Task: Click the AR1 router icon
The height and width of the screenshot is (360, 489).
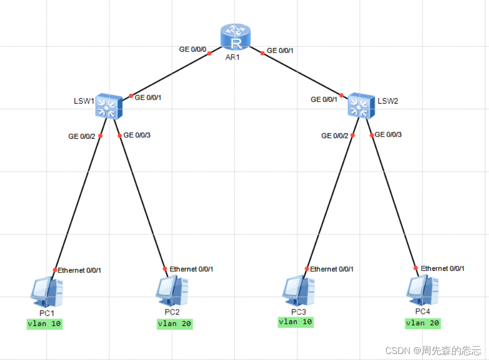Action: tap(235, 37)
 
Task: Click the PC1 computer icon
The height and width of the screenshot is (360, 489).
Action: tap(47, 291)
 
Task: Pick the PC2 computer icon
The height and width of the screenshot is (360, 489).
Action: tap(172, 290)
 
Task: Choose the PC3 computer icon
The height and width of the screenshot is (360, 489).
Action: tap(299, 290)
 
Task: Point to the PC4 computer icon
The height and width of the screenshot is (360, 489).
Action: tap(422, 290)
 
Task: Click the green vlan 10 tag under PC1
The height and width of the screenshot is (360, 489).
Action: tap(45, 324)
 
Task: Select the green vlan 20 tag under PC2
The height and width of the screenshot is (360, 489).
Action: tap(174, 323)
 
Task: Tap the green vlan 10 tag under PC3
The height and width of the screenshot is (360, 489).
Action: tap(296, 322)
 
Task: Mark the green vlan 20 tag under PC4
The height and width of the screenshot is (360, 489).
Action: tap(422, 323)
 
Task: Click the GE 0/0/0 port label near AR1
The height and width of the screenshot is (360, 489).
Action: tap(192, 50)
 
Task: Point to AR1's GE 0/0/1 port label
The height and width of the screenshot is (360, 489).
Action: tap(280, 51)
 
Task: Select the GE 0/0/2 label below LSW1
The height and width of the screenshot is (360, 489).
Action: tap(82, 136)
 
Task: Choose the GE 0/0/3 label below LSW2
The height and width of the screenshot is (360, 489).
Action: tap(388, 134)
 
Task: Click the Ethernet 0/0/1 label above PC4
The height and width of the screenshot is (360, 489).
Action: tap(442, 268)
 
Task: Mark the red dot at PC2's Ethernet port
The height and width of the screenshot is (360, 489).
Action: tap(165, 268)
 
